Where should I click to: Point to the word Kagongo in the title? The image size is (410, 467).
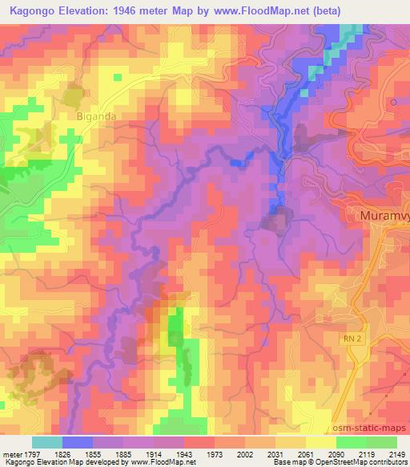[34, 13]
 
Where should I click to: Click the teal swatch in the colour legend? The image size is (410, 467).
[47, 442]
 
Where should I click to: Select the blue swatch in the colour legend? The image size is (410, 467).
[78, 442]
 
